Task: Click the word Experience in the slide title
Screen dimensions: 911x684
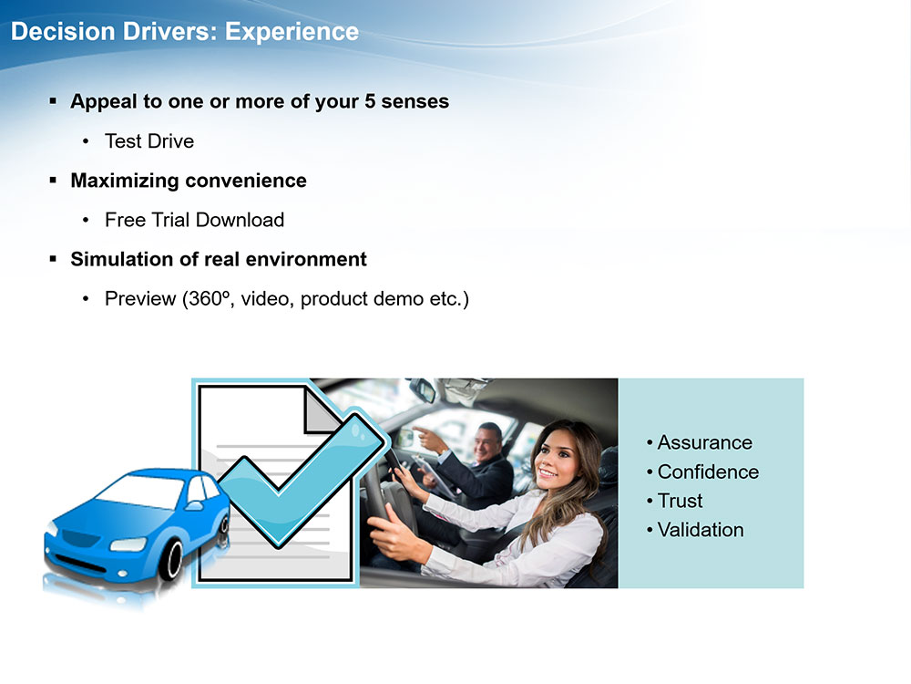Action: point(292,32)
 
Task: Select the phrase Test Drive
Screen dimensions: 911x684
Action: point(149,141)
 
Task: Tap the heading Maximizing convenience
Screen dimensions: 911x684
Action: point(189,181)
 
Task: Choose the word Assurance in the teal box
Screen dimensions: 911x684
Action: point(705,442)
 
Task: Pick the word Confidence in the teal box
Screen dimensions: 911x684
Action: point(708,472)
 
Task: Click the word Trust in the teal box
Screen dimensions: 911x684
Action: point(680,501)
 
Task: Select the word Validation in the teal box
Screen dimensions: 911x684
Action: point(701,530)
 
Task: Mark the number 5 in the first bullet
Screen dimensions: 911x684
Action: point(370,101)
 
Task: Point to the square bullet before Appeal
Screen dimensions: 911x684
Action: point(54,101)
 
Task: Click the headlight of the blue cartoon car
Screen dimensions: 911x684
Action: point(128,545)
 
